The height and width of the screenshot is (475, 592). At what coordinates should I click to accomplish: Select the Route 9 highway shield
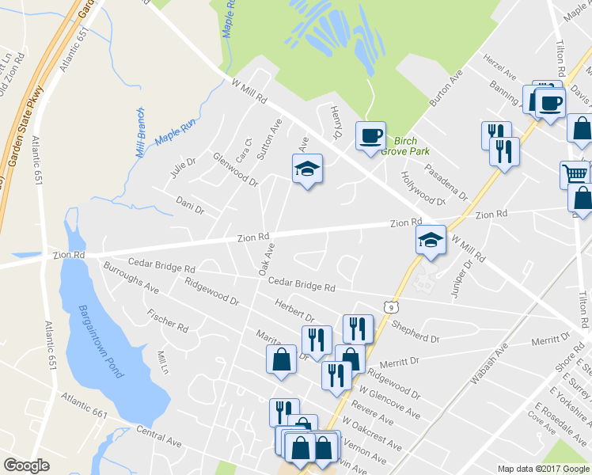coord(393,305)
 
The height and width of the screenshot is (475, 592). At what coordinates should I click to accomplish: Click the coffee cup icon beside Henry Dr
coord(370,136)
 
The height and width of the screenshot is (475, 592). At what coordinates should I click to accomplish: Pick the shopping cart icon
coord(574,173)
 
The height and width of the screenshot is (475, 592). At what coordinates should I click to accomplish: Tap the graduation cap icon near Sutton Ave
coord(307,169)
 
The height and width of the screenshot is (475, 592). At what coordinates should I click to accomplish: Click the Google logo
coord(27,465)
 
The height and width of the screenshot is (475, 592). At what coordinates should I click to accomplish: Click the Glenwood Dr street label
coord(235,169)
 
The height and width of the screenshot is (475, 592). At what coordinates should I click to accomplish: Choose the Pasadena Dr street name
coord(446,182)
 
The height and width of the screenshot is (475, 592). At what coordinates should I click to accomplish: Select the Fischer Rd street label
coord(167,320)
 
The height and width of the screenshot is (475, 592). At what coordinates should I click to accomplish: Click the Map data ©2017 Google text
coord(543,469)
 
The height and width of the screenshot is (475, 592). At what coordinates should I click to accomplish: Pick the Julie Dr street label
coord(181,167)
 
